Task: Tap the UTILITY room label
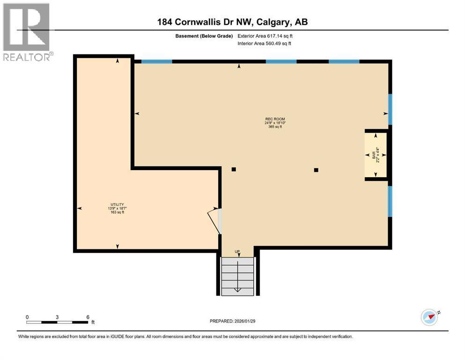(x=117, y=204)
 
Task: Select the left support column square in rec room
(x=234, y=170)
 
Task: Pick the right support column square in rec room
(x=316, y=170)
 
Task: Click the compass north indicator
(x=429, y=317)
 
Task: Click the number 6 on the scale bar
(x=88, y=317)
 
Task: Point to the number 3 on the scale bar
(x=57, y=317)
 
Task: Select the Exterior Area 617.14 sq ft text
(x=267, y=36)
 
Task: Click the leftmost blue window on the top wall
(x=156, y=61)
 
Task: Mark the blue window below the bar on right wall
(x=390, y=201)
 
